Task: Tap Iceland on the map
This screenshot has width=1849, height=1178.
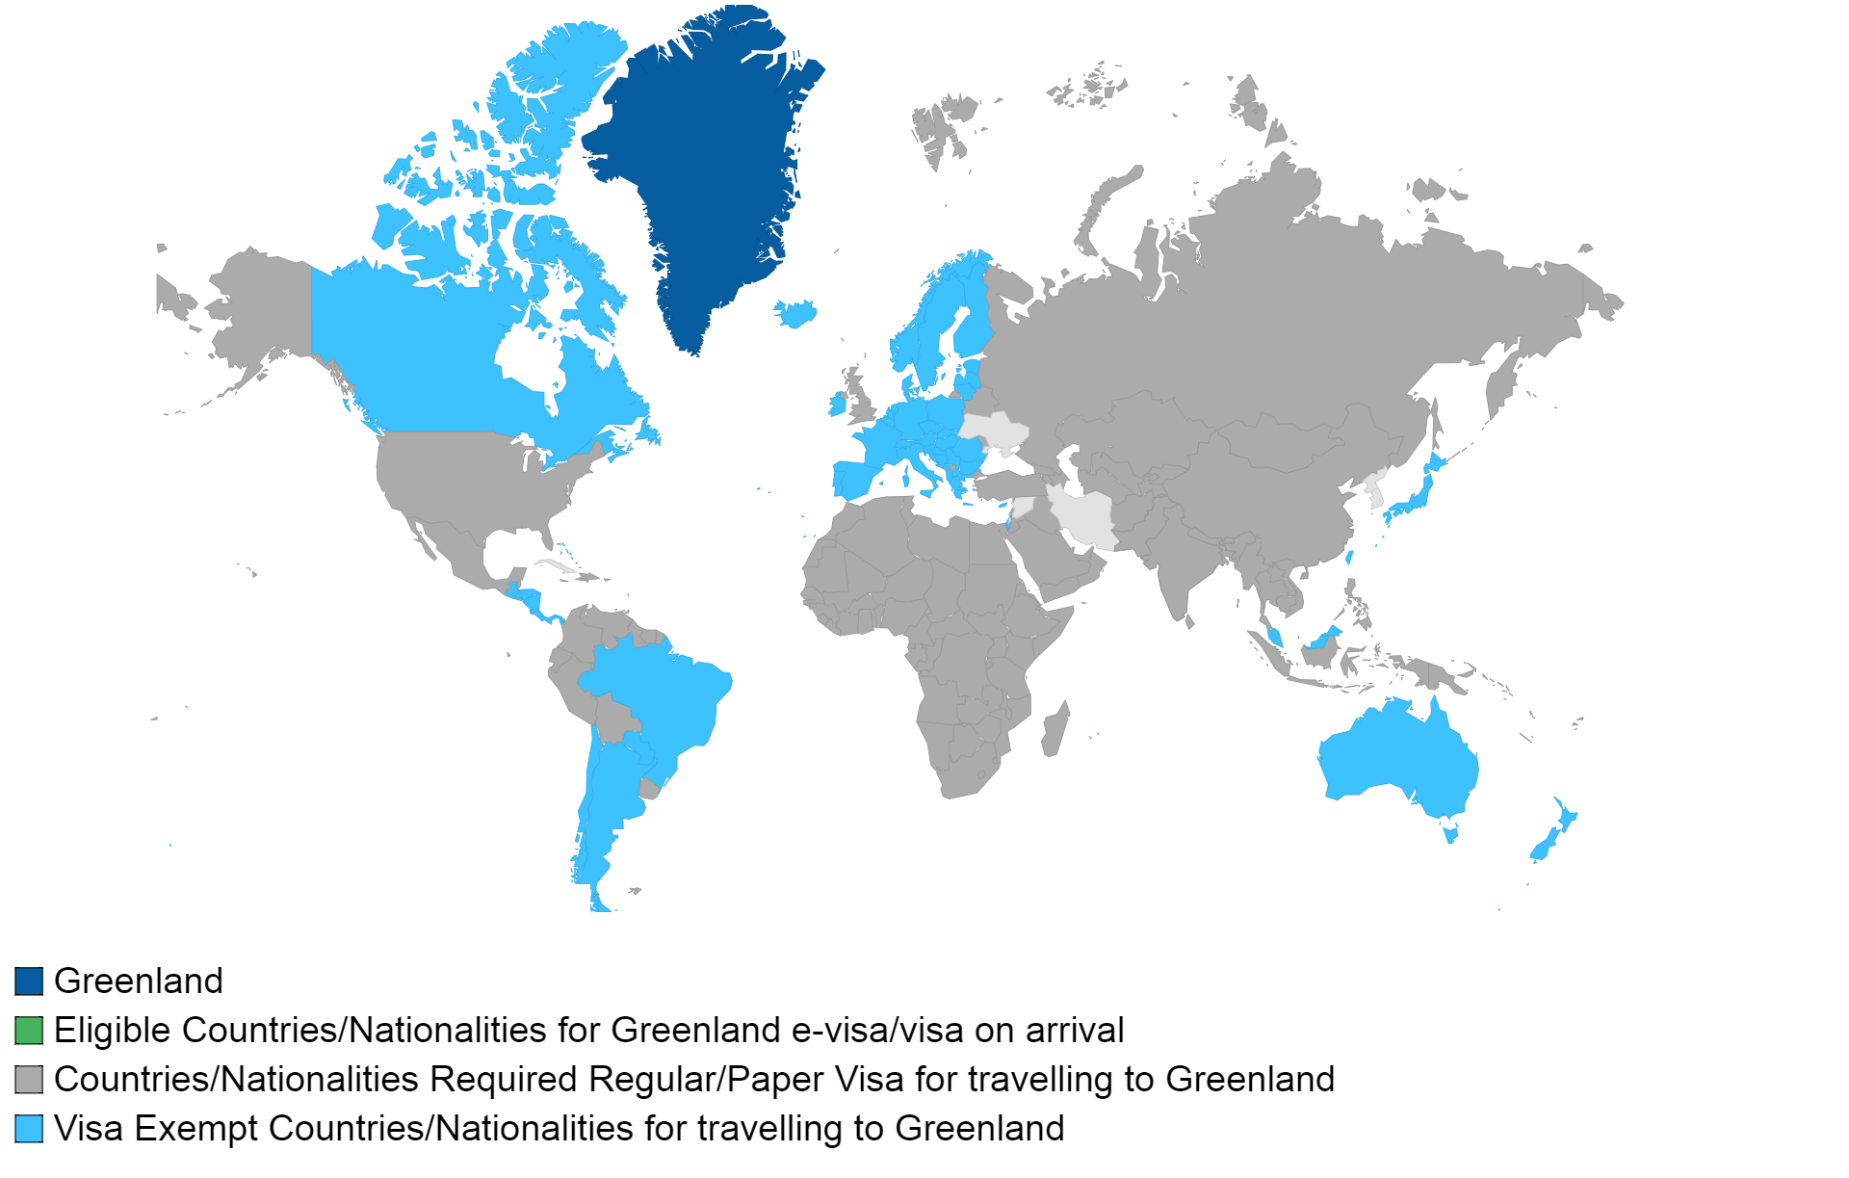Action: [796, 312]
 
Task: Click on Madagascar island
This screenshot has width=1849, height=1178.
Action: [1055, 730]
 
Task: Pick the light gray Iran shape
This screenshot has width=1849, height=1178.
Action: [1083, 520]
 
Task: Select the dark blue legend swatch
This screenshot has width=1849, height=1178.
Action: [29, 982]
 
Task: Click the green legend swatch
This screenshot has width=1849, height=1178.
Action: [29, 1031]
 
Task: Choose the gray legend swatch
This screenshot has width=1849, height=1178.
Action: [29, 1080]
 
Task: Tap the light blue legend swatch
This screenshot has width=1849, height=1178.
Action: [29, 1129]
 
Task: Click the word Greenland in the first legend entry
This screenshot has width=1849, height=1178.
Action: [139, 982]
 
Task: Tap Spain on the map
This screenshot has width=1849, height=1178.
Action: [852, 479]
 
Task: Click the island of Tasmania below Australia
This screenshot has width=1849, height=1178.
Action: [1450, 832]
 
